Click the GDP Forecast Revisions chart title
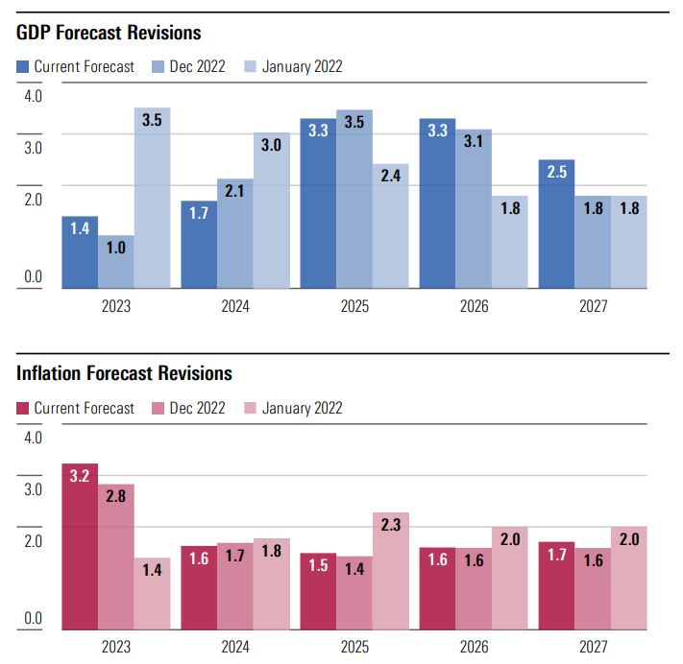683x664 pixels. tap(109, 33)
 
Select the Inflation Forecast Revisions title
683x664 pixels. tap(124, 372)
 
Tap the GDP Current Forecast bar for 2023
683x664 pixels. tap(80, 252)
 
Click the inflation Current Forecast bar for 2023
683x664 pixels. tap(80, 547)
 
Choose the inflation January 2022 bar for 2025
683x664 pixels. tap(391, 571)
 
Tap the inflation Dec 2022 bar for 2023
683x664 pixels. tap(116, 557)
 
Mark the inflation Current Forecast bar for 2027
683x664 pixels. tap(556, 585)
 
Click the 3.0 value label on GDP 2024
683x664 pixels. tap(272, 146)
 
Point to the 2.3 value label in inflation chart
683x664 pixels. tap(391, 526)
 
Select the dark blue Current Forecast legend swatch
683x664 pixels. tap(23, 66)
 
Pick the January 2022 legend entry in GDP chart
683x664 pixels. tap(294, 66)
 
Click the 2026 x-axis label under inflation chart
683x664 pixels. tap(474, 648)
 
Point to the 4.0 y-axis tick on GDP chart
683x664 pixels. tap(33, 95)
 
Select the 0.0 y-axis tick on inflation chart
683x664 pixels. tap(33, 619)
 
